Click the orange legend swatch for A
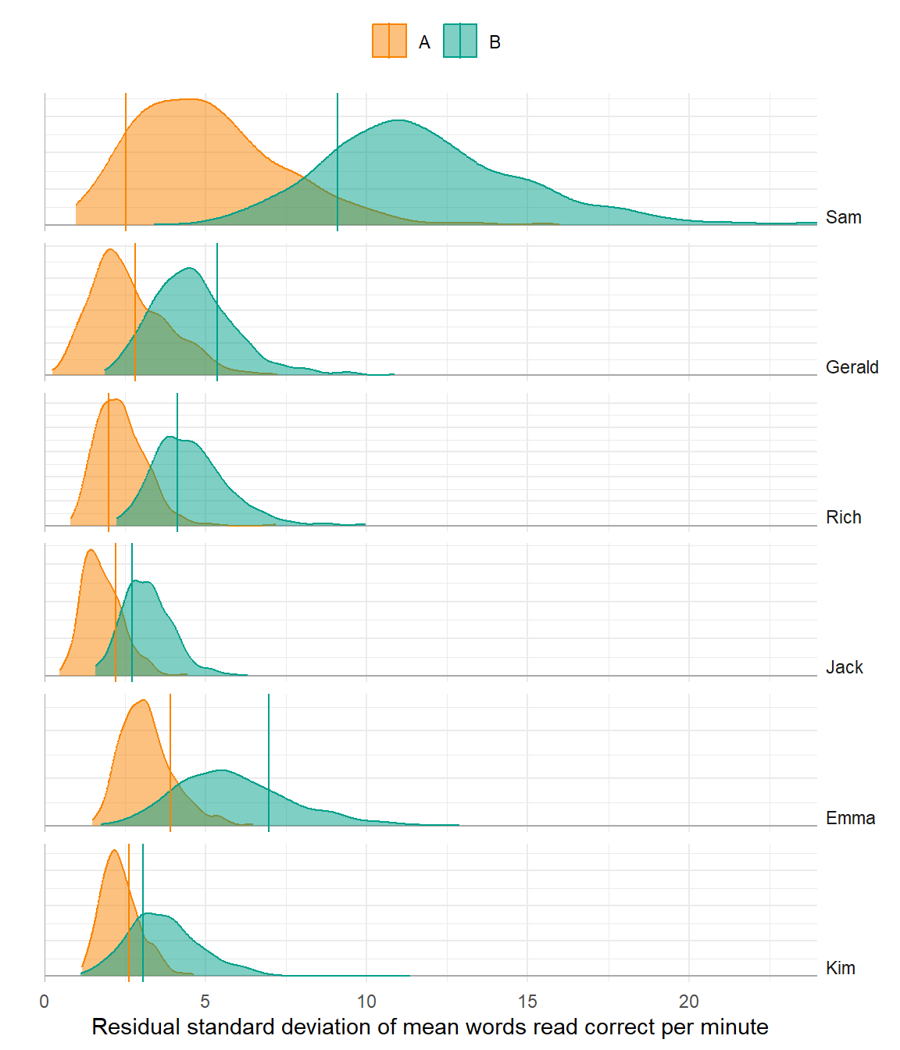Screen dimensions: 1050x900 (x=389, y=41)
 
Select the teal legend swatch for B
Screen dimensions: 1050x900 (x=460, y=41)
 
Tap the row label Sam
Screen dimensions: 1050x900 (x=843, y=217)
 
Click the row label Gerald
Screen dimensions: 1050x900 (x=852, y=367)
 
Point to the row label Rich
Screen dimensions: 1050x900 (x=843, y=517)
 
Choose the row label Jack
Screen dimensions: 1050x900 (x=844, y=667)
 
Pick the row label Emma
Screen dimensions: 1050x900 (x=850, y=818)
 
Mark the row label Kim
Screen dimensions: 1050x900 (x=840, y=968)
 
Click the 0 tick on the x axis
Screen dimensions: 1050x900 (x=45, y=1002)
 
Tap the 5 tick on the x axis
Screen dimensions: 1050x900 (x=205, y=1002)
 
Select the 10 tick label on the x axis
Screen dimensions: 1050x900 (x=366, y=1002)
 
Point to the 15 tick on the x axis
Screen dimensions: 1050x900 (x=527, y=1002)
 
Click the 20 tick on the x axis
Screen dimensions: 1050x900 (x=688, y=1002)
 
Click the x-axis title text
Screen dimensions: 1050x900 (x=430, y=1027)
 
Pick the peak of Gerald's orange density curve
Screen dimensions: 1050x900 (x=110, y=250)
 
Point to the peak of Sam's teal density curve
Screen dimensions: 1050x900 (x=399, y=120)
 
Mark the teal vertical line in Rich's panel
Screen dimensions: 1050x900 (x=177, y=461)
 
